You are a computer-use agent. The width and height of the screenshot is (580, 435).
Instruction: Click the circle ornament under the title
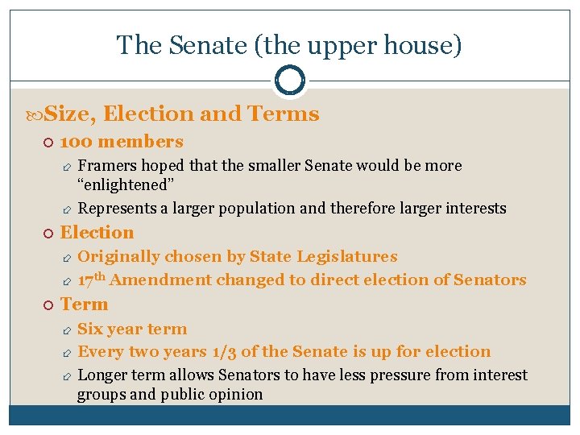coord(290,80)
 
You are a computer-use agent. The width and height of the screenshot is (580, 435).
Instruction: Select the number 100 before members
coord(77,142)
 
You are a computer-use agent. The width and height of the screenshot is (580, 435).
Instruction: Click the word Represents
coord(118,209)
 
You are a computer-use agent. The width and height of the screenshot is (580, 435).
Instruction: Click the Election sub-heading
coord(97,233)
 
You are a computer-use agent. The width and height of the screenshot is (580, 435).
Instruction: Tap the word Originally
coord(119,257)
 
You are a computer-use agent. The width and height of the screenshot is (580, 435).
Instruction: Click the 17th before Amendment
coord(91,280)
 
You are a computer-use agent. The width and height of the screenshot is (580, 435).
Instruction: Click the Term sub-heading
coord(84,304)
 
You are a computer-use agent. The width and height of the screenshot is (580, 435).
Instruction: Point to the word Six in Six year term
coord(89,329)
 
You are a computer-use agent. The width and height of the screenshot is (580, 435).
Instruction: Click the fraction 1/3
coord(221,352)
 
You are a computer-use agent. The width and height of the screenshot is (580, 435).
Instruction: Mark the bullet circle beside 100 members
coord(48,143)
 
